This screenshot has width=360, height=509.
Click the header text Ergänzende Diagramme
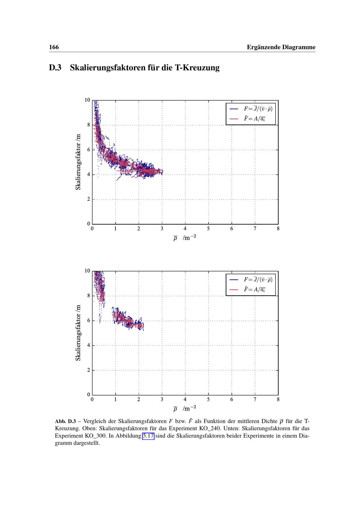coord(281,47)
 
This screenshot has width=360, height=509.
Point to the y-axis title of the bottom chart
coord(78,333)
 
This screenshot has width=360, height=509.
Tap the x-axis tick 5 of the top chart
coord(208,229)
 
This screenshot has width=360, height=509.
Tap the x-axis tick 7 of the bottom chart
coord(255,399)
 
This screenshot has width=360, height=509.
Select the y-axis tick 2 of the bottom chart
coord(89,370)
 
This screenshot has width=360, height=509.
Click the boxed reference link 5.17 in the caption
coord(148,436)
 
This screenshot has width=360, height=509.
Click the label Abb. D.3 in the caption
coord(65,422)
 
